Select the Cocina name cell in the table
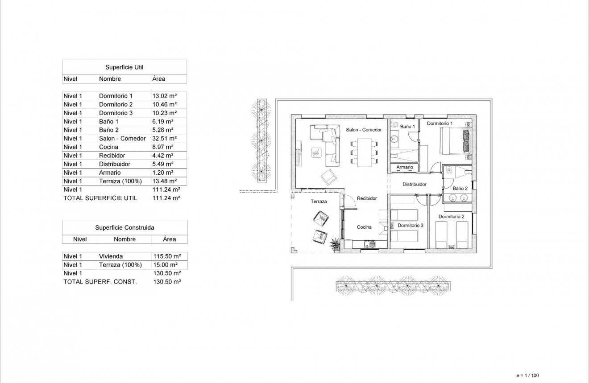pos(109,147)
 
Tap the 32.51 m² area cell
pos(164,139)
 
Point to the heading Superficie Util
pos(124,67)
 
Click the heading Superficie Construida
pos(124,228)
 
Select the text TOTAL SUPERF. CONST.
pos(100,282)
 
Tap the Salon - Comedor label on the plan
pos(364,130)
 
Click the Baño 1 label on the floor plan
pos(407,127)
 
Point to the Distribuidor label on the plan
pos(415,184)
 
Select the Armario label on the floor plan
pos(405,167)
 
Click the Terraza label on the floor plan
pos(319,202)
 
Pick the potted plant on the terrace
pos(334,243)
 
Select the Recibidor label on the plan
pos(367,198)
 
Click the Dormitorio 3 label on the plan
pos(410,226)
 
